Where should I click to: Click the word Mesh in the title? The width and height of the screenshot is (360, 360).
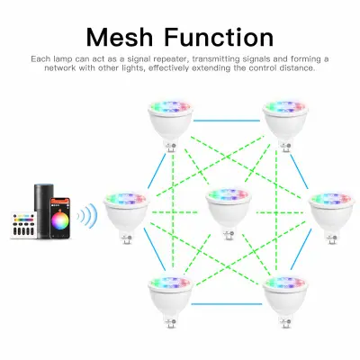tap(120, 37)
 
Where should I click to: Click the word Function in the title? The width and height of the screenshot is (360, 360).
tap(220, 37)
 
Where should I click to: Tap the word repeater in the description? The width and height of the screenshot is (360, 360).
tap(165, 59)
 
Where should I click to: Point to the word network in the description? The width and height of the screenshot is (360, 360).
tap(60, 68)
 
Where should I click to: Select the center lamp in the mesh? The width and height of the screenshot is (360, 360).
tap(228, 212)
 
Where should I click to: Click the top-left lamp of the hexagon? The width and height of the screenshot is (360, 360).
tap(170, 126)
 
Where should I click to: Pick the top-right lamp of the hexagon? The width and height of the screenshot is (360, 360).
tap(285, 126)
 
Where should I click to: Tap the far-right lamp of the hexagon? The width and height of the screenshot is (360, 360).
tap(332, 219)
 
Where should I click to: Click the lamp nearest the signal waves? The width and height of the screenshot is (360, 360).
tap(126, 219)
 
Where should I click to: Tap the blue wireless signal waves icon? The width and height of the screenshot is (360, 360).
tap(87, 216)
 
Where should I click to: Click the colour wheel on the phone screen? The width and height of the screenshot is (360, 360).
tap(60, 220)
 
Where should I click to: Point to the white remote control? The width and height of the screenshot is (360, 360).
tap(24, 225)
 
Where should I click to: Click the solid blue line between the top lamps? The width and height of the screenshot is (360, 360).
tap(227, 121)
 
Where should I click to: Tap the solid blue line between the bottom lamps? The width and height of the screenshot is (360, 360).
tap(227, 304)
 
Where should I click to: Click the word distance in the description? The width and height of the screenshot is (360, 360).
tap(297, 68)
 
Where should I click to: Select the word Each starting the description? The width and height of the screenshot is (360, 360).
tap(40, 58)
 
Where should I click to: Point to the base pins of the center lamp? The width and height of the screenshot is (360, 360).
tap(229, 235)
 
